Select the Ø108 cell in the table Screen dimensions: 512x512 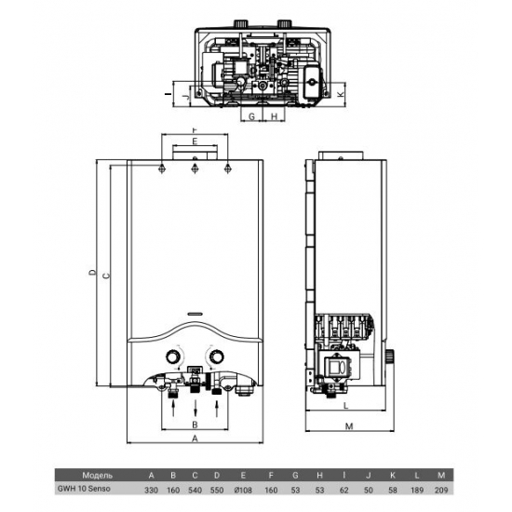click(x=243, y=489)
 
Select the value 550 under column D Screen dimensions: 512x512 click(x=216, y=489)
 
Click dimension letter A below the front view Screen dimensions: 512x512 click(x=194, y=438)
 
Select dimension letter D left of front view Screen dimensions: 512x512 click(x=91, y=272)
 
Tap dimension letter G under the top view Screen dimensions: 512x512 click(x=251, y=117)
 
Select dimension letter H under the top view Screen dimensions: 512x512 click(x=276, y=117)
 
